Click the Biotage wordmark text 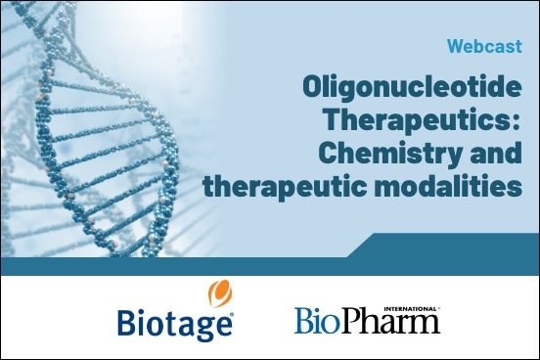point(174,321)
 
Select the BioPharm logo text point(367,321)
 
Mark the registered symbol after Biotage point(232,314)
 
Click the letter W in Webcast point(456,46)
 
